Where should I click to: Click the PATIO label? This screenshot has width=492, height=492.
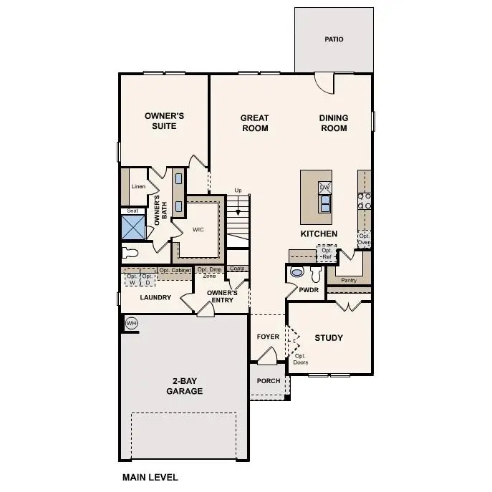coord(334,39)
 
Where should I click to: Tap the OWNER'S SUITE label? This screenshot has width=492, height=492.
coord(165,121)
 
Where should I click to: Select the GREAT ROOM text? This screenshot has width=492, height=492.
coord(254,123)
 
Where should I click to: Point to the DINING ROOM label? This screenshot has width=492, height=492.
coord(334,123)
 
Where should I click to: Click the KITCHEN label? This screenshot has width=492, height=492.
coord(319,234)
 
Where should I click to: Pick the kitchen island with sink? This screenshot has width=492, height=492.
coord(316,197)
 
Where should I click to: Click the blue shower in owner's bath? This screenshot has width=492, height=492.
coord(133,228)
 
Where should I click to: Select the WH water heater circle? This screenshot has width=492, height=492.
coord(131,324)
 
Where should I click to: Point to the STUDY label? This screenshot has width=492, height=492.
coord(329,338)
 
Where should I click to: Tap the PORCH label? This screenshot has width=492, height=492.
coord(269,381)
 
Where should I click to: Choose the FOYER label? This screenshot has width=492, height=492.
coord(269,337)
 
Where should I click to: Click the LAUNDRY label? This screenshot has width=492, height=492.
coord(155,297)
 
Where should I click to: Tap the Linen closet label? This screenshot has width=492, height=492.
coord(138,187)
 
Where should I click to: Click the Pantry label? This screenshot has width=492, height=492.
coord(349,280)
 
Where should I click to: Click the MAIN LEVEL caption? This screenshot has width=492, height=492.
coord(150,477)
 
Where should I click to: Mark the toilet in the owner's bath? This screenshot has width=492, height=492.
coord(130,252)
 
